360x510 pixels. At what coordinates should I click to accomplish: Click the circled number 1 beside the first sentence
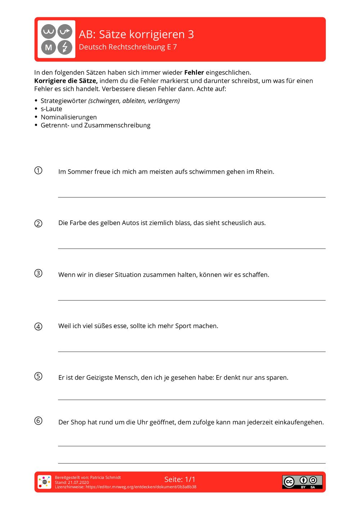point(38,170)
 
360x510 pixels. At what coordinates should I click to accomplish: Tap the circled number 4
point(38,326)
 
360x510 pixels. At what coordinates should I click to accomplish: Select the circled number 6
point(38,421)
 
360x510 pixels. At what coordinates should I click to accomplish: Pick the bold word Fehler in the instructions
point(194,72)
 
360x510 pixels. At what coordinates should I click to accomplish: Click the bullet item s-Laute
point(51,109)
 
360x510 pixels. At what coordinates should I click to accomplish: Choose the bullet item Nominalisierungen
point(68,117)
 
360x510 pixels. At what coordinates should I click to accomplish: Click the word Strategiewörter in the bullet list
point(63,101)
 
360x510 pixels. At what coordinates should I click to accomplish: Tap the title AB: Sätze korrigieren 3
point(136,34)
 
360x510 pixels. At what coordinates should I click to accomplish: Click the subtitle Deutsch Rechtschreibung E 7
point(128,47)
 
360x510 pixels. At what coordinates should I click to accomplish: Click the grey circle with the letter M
point(48,47)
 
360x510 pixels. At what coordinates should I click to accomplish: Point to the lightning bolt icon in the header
point(65,47)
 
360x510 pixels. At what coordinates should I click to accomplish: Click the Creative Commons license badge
point(302,482)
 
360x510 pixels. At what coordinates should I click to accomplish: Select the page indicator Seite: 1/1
point(180,479)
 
